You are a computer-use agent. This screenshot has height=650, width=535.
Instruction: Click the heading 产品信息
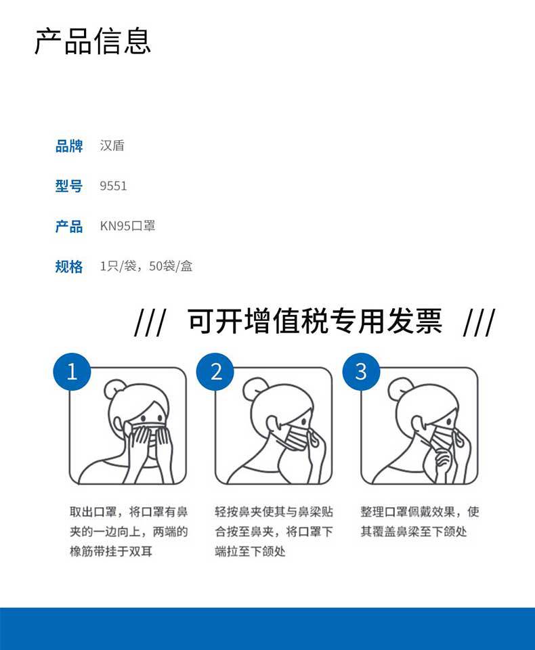(93, 41)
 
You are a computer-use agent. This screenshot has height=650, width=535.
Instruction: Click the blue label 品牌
(69, 146)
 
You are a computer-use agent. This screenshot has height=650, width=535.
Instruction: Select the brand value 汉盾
(112, 146)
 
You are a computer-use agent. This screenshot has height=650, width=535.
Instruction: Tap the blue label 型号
(69, 186)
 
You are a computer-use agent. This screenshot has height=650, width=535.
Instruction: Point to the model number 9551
(113, 186)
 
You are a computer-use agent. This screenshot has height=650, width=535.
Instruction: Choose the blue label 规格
(69, 266)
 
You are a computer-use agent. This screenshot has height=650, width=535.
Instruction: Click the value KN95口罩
(127, 226)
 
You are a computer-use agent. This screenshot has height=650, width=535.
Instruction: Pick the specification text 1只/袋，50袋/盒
(146, 265)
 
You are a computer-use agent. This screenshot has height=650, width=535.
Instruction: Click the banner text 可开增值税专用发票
(315, 321)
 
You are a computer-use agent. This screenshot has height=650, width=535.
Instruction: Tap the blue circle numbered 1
(72, 372)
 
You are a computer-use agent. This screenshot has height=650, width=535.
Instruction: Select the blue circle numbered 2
(215, 372)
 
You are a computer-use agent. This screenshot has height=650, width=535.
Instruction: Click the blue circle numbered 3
(361, 372)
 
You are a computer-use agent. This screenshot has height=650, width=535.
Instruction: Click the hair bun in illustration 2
(253, 388)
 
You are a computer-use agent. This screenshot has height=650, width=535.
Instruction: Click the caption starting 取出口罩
(129, 532)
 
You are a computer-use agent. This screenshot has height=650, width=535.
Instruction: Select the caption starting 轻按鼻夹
(274, 532)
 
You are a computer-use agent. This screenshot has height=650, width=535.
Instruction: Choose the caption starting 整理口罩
(420, 521)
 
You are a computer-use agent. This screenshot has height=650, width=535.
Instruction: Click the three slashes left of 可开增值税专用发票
(150, 322)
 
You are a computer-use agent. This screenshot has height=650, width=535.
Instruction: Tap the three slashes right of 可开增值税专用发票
(479, 322)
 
